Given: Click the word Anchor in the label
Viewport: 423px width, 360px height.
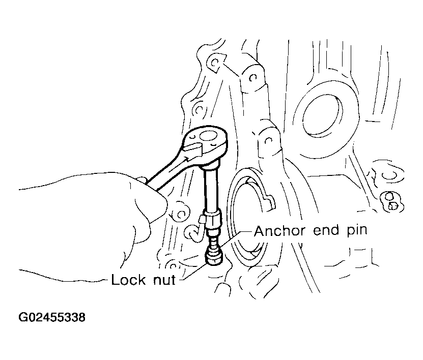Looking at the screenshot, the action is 280,231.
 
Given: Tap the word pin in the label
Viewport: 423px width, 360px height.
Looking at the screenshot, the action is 357,231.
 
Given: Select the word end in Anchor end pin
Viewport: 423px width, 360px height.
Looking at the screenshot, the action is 326,231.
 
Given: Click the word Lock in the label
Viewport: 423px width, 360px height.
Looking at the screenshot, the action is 128,280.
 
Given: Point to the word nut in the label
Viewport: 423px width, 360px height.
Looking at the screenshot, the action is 164,280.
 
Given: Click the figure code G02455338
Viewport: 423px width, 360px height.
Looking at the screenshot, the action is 52,317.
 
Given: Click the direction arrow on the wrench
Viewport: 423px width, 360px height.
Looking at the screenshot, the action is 192,153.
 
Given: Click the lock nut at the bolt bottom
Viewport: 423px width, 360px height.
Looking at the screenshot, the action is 214,256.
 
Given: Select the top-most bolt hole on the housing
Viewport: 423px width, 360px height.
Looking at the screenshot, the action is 215,64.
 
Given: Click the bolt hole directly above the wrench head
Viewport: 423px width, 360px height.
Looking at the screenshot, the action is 199,110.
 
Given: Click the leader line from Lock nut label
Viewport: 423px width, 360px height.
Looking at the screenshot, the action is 194,272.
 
